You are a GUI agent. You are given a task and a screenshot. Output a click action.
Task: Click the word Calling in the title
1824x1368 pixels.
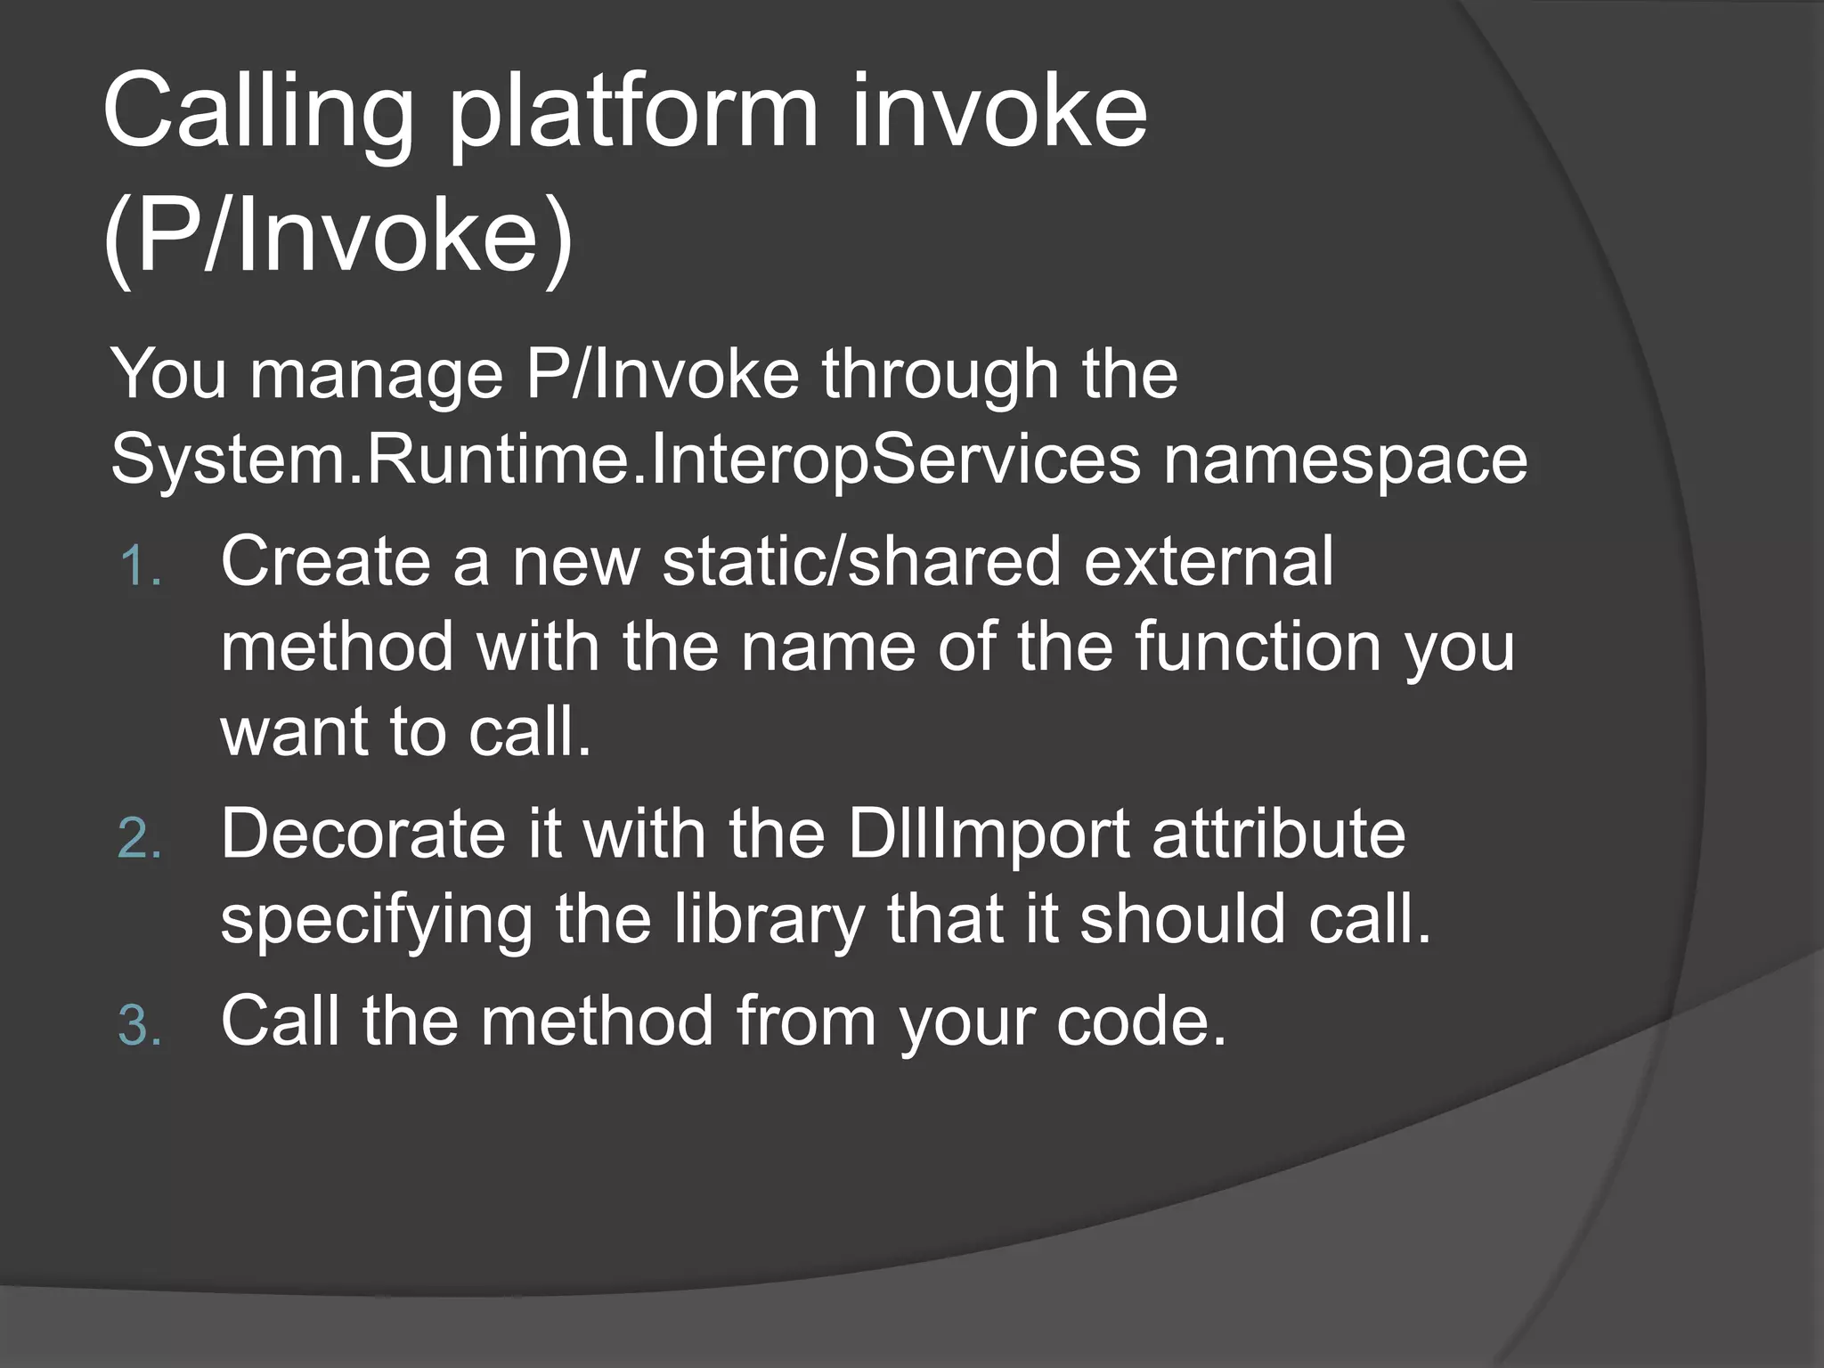258,114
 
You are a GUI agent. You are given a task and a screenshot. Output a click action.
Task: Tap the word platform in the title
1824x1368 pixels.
631,114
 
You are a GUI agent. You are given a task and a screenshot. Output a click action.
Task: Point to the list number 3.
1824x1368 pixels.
140,1025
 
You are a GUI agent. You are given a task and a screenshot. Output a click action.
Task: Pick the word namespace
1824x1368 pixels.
1346,460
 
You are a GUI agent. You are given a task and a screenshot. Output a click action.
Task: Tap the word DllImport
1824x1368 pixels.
989,834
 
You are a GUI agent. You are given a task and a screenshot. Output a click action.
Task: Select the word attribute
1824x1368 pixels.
1279,834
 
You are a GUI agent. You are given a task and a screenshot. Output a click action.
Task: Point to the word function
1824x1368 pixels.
1258,646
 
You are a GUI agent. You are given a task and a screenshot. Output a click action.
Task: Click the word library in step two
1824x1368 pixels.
768,919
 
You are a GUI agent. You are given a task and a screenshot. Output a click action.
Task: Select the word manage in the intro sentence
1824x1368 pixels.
376,374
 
